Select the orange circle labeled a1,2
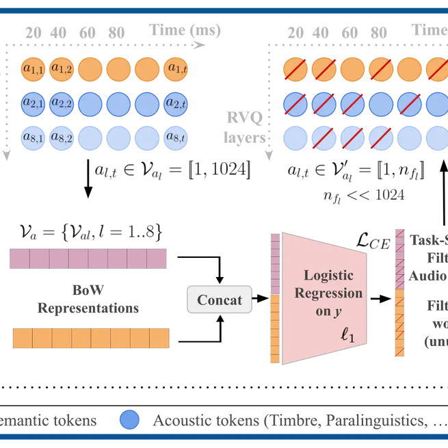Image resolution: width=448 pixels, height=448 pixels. pyautogui.click(x=62, y=68)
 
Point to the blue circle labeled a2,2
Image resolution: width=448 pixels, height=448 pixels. pyautogui.click(x=62, y=104)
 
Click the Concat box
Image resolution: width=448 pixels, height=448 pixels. pyautogui.click(x=220, y=300)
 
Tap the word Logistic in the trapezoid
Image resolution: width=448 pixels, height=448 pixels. pyautogui.click(x=328, y=276)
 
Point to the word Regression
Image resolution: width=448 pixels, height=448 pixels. pyautogui.click(x=328, y=293)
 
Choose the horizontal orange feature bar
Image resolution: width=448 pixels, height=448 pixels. pyautogui.click(x=90, y=339)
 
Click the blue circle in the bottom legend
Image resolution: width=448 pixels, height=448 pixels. pyautogui.click(x=130, y=419)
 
